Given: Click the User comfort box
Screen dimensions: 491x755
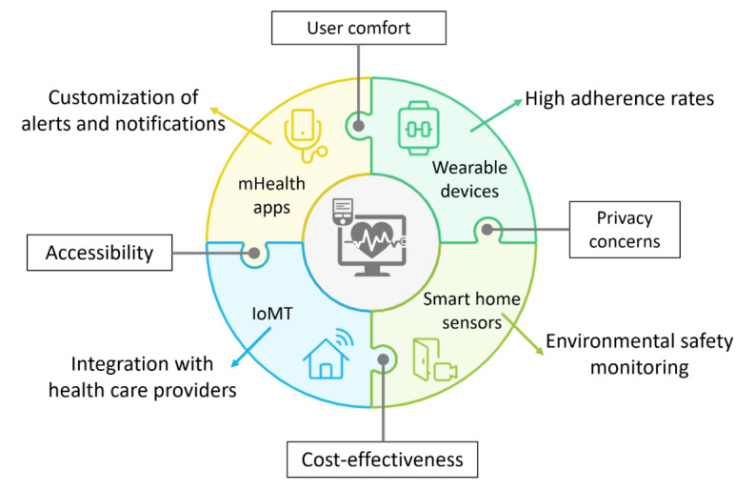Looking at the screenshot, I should pos(358,28).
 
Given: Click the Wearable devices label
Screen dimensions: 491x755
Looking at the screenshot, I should pos(466,178).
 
